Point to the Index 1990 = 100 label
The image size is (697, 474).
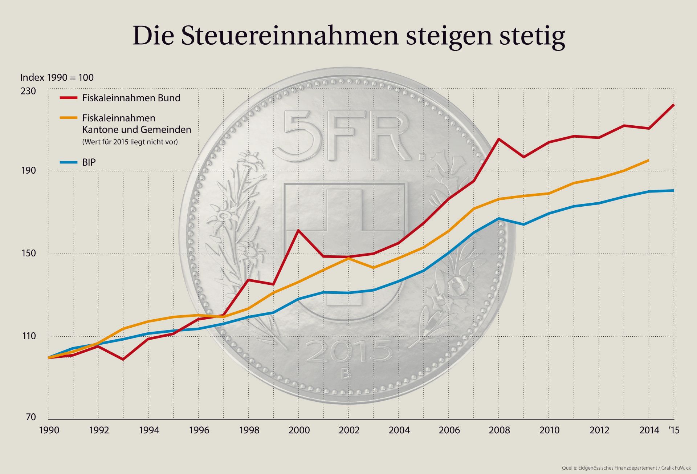coord(57,77)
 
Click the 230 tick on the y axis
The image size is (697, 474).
coord(28,91)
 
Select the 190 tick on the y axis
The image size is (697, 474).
coord(28,171)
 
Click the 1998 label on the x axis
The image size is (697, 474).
coord(249,430)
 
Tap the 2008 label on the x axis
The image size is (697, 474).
coord(499,430)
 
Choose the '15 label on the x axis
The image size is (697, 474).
coord(673,430)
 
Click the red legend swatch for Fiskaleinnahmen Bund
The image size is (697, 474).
coord(69,98)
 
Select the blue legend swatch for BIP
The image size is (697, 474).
coord(69,162)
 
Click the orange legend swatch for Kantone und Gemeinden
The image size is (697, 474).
coord(69,118)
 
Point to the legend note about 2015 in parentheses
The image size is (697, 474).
coord(130,142)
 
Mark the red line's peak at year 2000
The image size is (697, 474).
coord(298,230)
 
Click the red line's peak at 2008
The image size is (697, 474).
coord(499,139)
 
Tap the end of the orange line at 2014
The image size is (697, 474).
coord(648,160)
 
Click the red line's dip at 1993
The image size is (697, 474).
coord(123,359)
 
